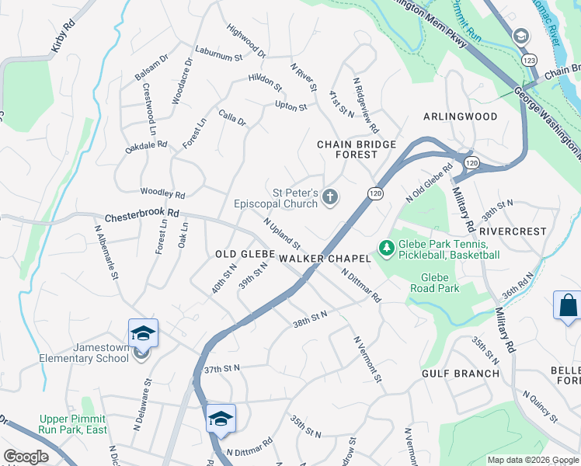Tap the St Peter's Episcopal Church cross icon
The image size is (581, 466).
pos(330,197)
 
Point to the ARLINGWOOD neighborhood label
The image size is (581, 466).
pos(460,116)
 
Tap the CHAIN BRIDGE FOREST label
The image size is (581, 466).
pos(357,149)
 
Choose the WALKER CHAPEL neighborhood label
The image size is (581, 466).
pos(311,257)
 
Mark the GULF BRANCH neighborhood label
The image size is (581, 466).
pos(461,374)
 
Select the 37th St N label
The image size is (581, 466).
pos(223,367)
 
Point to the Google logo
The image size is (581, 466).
pos(26,456)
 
